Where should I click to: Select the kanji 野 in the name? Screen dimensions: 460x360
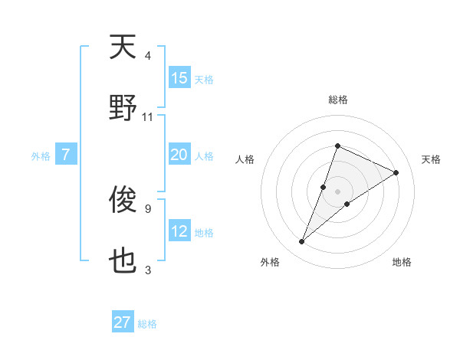pos(123,108)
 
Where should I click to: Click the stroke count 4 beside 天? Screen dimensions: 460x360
pos(148,56)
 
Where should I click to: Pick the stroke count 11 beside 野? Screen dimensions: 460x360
pos(148,117)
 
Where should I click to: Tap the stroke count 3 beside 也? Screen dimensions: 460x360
pos(148,270)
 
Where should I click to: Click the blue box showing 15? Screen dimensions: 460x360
pos(179,78)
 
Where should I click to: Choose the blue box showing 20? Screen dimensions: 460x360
pos(179,155)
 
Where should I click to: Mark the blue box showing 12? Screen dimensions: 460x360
pos(179,231)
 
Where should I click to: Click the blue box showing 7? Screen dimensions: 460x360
pos(66,155)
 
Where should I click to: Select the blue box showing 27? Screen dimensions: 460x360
pos(123,322)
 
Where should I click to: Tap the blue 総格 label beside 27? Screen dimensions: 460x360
pos(147,324)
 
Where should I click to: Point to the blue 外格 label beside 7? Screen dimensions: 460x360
pos(41,156)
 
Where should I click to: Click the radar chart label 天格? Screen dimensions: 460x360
pos(431,159)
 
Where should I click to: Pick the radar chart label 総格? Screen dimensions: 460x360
pos(337,100)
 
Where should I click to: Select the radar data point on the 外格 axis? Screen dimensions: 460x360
pos(302,242)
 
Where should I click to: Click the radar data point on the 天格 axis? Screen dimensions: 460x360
pos(396,172)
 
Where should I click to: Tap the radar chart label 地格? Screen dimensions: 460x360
pos(402,262)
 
